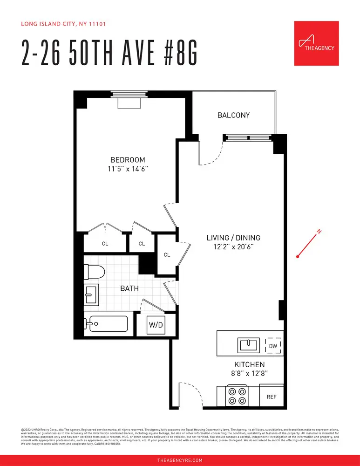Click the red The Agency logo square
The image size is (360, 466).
(316, 43)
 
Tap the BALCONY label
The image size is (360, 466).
(234, 115)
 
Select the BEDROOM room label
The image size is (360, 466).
(128, 160)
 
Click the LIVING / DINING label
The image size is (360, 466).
(233, 238)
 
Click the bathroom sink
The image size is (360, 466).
(91, 295)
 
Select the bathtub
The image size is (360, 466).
(106, 322)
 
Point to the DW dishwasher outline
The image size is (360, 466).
(273, 346)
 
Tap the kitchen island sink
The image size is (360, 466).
(249, 345)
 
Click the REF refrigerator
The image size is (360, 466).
(272, 397)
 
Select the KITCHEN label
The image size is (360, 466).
(249, 364)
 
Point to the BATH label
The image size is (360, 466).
(129, 288)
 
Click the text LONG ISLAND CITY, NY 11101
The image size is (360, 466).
(65, 24)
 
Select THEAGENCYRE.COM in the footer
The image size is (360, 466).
(180, 460)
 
